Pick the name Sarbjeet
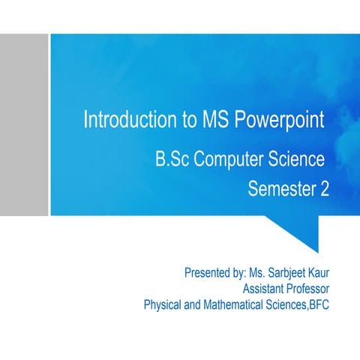[x=286, y=272]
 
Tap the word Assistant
[x=264, y=289]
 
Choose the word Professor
[x=307, y=289]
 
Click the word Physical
[x=163, y=305]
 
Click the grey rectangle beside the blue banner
[x=24, y=124]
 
